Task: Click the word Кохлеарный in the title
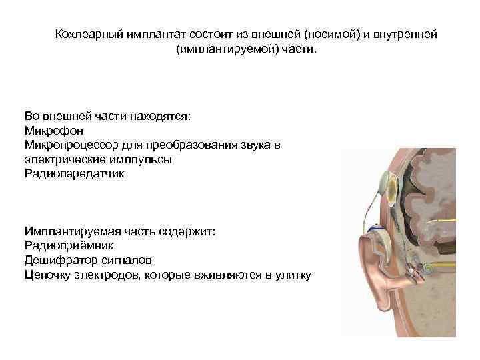86,34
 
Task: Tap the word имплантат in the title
152,34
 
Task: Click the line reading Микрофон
53,130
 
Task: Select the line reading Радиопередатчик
73,174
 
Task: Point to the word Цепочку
49,275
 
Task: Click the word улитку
292,275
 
